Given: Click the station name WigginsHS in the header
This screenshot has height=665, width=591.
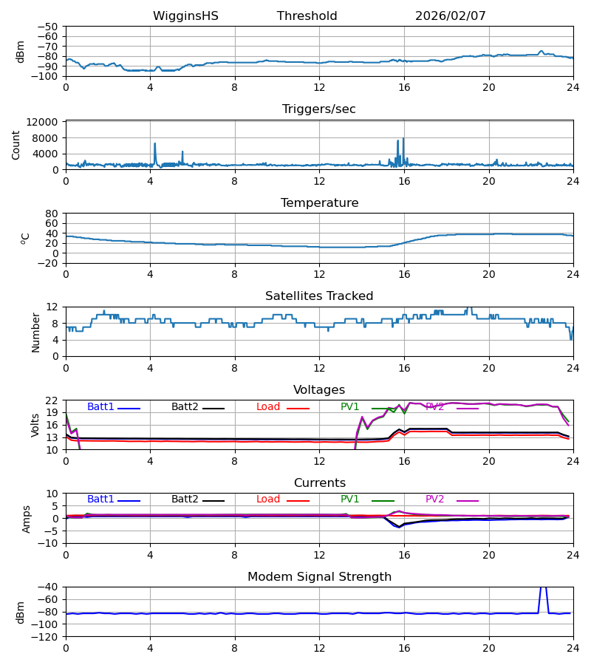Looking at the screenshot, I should point(185,16).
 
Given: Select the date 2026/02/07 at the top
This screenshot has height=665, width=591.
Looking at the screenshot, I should point(450,16).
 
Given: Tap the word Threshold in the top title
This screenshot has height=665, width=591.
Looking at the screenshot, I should point(307,16).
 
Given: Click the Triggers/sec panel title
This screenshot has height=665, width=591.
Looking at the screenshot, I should point(318,109).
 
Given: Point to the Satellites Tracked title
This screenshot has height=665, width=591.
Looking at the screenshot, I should point(318,296).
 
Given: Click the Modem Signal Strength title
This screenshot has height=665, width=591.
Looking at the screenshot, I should point(318,577).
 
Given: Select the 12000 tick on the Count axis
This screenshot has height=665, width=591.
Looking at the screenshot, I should point(47,122).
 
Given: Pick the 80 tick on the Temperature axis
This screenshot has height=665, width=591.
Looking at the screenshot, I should point(52,214).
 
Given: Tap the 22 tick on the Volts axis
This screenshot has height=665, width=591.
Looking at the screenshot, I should point(52,400).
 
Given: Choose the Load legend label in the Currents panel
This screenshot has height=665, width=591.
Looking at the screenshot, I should point(268,499).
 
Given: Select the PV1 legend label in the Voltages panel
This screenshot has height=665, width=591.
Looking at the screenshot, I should point(349,407).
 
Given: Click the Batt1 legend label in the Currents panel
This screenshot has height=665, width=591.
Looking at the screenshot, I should point(100,499).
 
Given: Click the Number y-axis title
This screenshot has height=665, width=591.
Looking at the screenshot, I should point(35,332).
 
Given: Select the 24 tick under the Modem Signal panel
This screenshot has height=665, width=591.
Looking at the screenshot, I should point(573,648).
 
